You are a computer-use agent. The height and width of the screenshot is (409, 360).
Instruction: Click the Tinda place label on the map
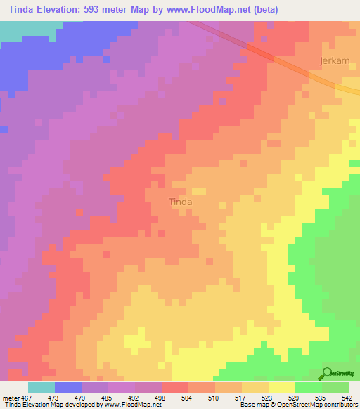(181, 202)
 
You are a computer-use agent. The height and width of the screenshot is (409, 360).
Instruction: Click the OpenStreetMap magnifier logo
(327, 372)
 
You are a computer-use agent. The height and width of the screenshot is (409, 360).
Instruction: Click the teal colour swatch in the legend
(41, 387)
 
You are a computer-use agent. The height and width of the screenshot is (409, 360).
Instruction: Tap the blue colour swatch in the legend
(68, 387)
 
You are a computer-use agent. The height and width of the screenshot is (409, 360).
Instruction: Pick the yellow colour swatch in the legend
(282, 387)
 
